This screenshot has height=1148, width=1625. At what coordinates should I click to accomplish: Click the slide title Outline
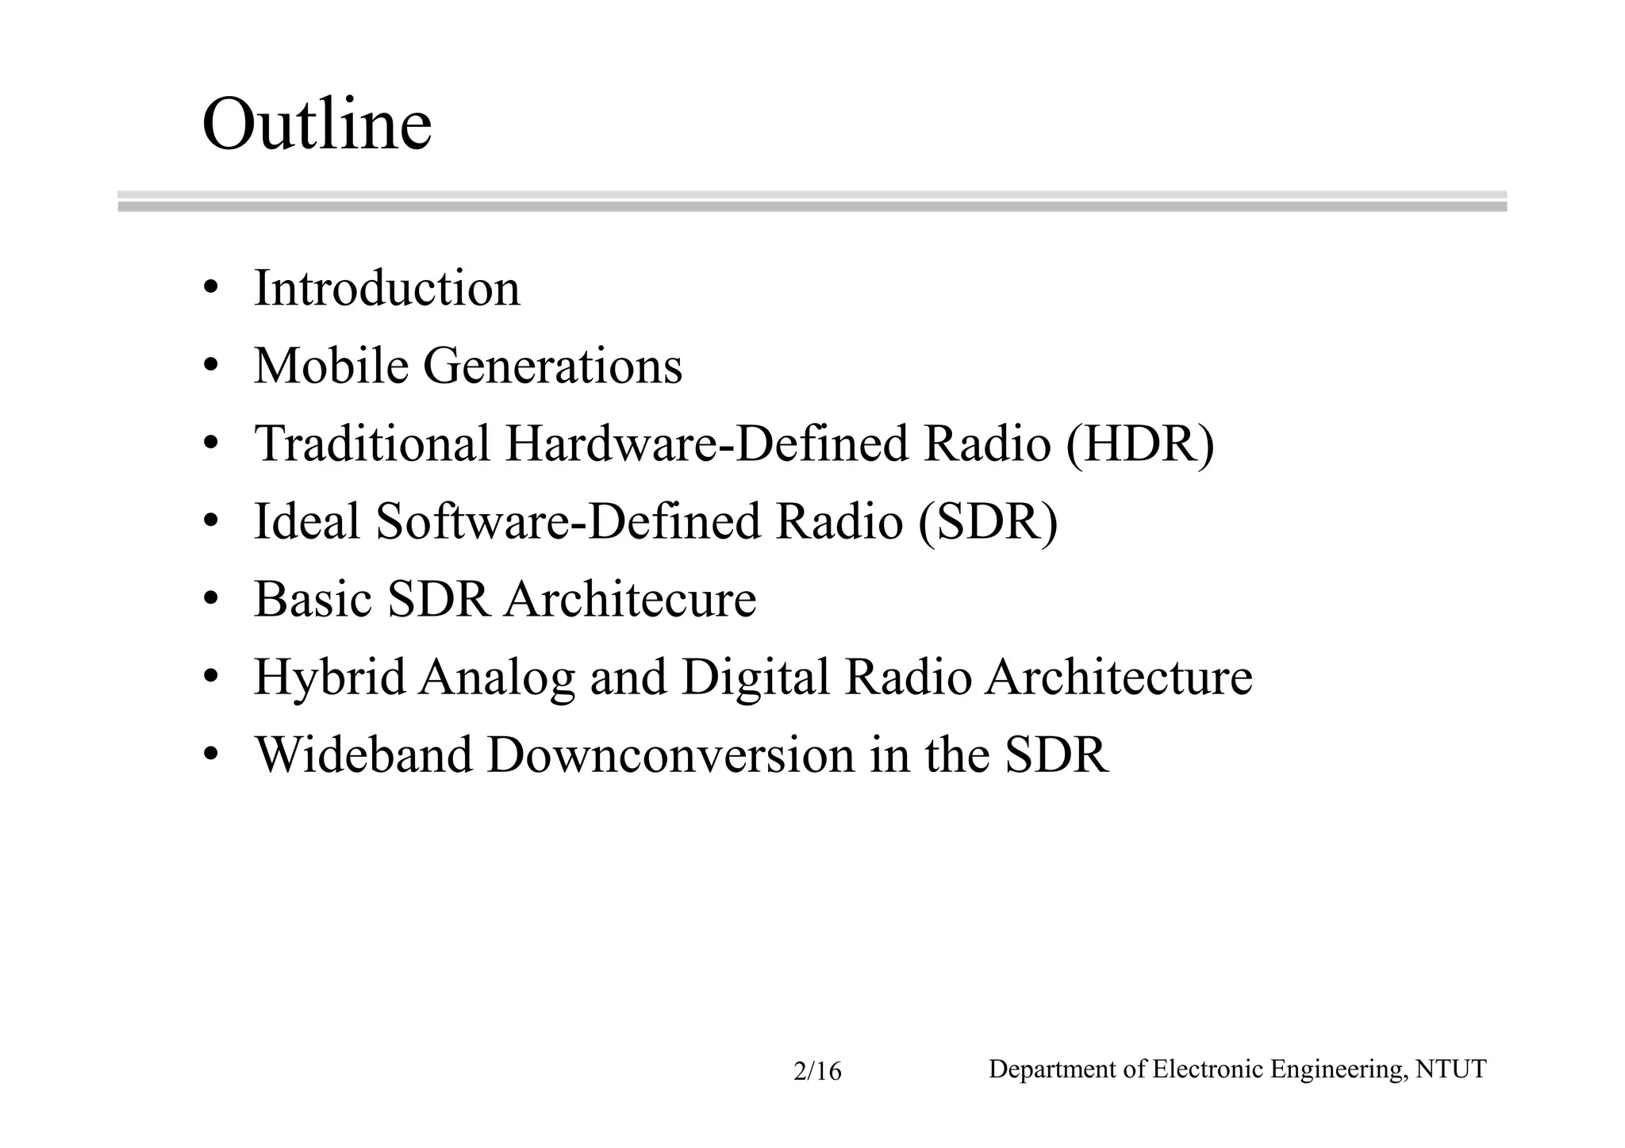point(317,125)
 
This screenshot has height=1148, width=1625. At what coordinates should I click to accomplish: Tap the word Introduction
point(386,288)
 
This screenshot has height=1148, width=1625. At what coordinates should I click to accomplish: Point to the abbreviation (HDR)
point(1139,443)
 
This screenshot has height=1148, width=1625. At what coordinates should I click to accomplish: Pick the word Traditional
point(372,443)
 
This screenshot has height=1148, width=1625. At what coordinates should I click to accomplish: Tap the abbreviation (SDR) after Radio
point(988,521)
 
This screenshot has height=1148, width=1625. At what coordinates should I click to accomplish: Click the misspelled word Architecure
point(630,599)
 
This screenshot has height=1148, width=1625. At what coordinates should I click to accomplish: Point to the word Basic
point(313,599)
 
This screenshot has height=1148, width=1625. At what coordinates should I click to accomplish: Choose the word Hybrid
point(329,678)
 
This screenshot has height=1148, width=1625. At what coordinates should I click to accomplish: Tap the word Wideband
point(363,754)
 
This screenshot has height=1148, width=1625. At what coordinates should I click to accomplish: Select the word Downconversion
point(670,754)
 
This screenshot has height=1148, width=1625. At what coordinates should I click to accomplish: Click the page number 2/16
point(817,1073)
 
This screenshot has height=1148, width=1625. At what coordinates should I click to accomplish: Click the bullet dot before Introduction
point(210,289)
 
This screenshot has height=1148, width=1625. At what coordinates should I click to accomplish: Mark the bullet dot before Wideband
point(210,755)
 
